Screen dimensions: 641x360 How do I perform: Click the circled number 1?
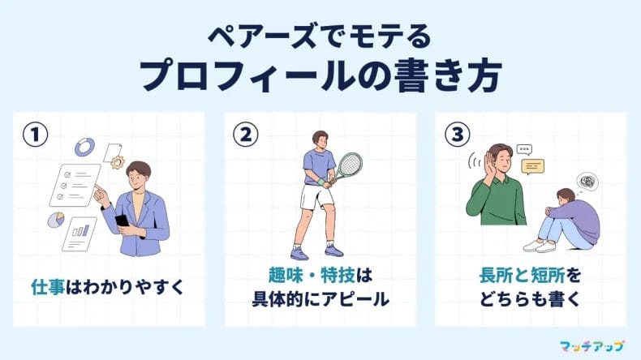35,135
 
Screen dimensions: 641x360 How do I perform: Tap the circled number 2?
246,135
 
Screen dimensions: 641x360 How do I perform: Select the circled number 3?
457,135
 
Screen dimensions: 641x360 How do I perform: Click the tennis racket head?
349,165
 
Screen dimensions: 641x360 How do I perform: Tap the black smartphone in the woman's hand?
122,221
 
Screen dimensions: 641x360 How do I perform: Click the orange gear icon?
118,162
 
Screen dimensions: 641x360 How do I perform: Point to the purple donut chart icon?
84,147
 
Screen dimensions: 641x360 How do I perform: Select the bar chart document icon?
80,234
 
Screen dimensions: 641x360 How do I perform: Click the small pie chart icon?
56,220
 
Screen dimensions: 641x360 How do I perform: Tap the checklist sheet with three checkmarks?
75,185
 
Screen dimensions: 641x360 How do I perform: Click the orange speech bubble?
532,166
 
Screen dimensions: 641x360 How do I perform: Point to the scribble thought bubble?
587,182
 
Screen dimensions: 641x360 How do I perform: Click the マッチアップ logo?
592,346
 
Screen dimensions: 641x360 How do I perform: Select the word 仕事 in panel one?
48,287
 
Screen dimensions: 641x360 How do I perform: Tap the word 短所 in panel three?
548,275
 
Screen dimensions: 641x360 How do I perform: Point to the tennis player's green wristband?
321,182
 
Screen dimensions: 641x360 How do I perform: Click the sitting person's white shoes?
540,246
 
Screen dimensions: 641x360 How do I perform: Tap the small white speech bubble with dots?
524,149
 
